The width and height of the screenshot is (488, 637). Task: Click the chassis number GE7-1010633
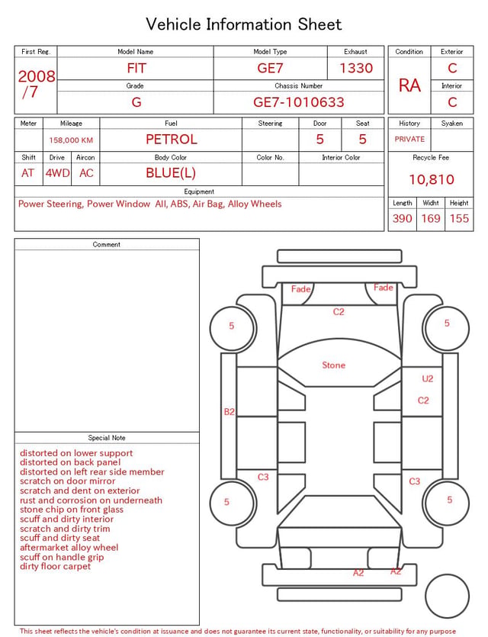(298, 102)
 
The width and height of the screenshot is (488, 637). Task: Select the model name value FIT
(136, 68)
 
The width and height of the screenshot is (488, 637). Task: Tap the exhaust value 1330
(355, 68)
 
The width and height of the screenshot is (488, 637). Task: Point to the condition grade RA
(409, 85)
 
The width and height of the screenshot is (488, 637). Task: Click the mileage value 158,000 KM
(71, 140)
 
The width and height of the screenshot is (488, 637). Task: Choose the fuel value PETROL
(171, 140)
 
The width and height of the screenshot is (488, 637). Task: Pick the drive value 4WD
(57, 173)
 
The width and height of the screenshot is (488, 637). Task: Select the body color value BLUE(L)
(171, 173)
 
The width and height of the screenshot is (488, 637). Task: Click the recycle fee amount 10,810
(431, 179)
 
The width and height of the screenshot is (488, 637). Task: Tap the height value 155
(459, 218)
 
